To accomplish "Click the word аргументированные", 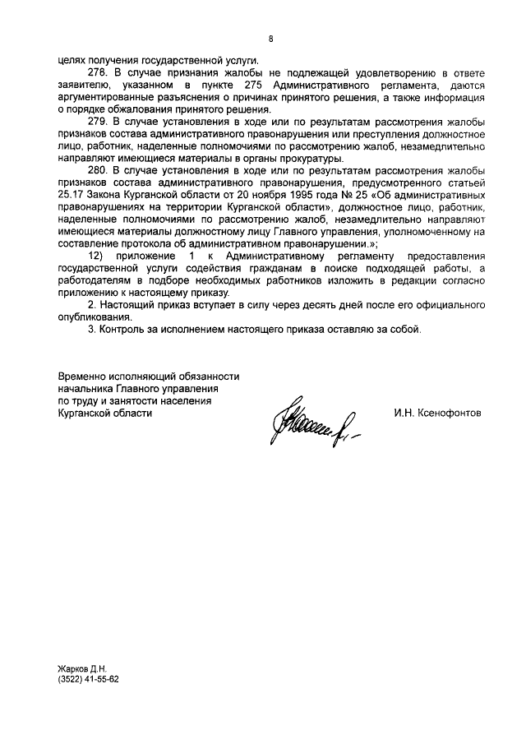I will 104,97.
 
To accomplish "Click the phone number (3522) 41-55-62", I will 89,682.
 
